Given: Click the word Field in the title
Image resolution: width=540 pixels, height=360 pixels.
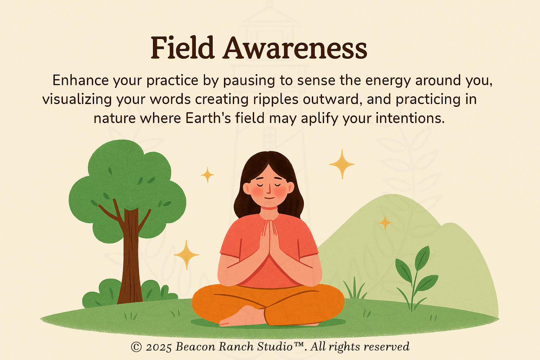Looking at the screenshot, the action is pyautogui.click(x=182, y=47).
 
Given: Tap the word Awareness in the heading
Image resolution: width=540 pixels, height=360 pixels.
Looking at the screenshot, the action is pyautogui.click(x=295, y=47).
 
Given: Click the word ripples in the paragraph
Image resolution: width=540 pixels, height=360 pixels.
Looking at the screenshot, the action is pyautogui.click(x=276, y=99).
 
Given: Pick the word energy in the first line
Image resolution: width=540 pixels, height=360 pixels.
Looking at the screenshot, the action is pyautogui.click(x=388, y=81).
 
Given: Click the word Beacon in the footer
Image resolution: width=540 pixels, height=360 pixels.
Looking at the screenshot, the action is pyautogui.click(x=195, y=347).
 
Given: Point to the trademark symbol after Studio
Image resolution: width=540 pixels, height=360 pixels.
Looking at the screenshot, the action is pyautogui.click(x=298, y=344).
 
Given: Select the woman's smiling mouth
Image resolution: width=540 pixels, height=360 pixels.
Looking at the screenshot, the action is pyautogui.click(x=269, y=198).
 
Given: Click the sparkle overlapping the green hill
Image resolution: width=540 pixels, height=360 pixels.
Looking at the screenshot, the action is pyautogui.click(x=385, y=222).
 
